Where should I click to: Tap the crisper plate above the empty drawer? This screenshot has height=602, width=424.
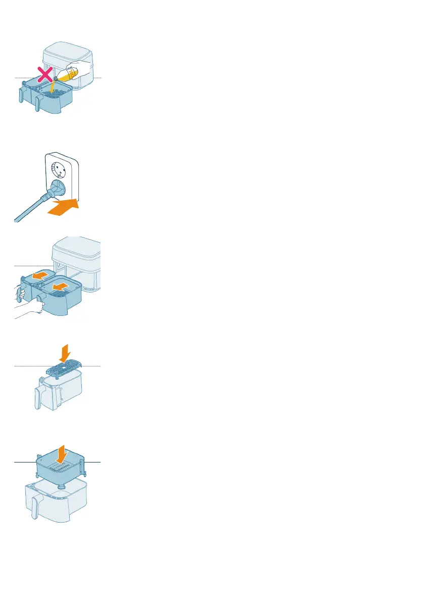coord(68,370)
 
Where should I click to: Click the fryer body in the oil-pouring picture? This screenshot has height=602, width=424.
coord(68,53)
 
